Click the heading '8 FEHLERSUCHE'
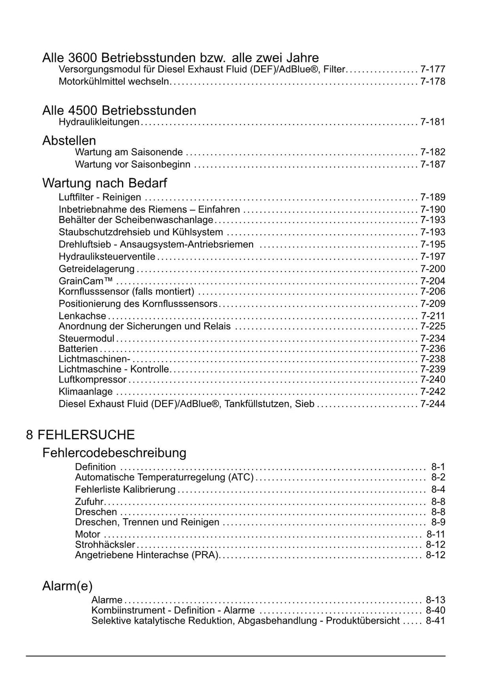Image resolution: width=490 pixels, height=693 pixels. click(x=80, y=435)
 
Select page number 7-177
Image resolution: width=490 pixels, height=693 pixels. click(x=433, y=69)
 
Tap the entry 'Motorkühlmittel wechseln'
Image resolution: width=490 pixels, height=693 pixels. click(x=114, y=81)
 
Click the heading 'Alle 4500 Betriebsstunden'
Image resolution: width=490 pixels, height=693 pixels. click(x=119, y=111)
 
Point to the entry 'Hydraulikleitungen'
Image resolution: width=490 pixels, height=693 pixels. click(x=99, y=122)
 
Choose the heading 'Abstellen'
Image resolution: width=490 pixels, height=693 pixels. click(x=69, y=141)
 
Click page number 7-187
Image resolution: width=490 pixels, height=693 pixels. click(x=433, y=164)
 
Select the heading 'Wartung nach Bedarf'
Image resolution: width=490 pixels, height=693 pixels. click(x=104, y=183)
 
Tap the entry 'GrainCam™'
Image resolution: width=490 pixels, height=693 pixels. click(x=86, y=281)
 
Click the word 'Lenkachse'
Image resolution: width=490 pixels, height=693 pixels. click(x=82, y=316)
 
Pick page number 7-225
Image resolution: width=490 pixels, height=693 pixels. click(x=433, y=327)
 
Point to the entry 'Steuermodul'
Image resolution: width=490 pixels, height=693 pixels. click(x=86, y=339)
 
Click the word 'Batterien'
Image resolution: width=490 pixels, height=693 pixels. click(x=78, y=349)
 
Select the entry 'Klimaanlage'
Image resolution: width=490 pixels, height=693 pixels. click(x=86, y=392)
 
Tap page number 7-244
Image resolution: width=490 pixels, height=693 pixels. click(x=433, y=404)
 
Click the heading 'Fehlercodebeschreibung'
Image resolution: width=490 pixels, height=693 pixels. click(x=114, y=453)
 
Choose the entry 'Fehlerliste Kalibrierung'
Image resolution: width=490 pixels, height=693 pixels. click(x=125, y=489)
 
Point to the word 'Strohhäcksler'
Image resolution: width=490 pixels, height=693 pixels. click(x=105, y=545)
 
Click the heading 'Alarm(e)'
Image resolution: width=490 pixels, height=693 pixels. click(x=67, y=586)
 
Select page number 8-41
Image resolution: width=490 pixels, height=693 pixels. click(x=435, y=621)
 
